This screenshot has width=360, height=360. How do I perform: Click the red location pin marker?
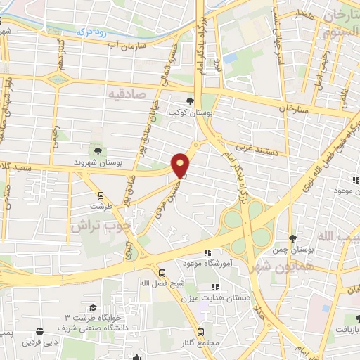[x=181, y=165]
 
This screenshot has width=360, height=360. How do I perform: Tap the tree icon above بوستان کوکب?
[x=190, y=101]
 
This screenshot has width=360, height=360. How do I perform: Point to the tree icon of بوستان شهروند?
[x=97, y=150]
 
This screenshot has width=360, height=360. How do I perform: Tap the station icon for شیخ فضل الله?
[x=162, y=272]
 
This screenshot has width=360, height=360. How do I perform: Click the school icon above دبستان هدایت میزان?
[x=215, y=286]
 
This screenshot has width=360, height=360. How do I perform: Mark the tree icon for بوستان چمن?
[x=293, y=238]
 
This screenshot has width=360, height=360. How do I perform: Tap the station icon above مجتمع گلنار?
[x=201, y=332]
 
